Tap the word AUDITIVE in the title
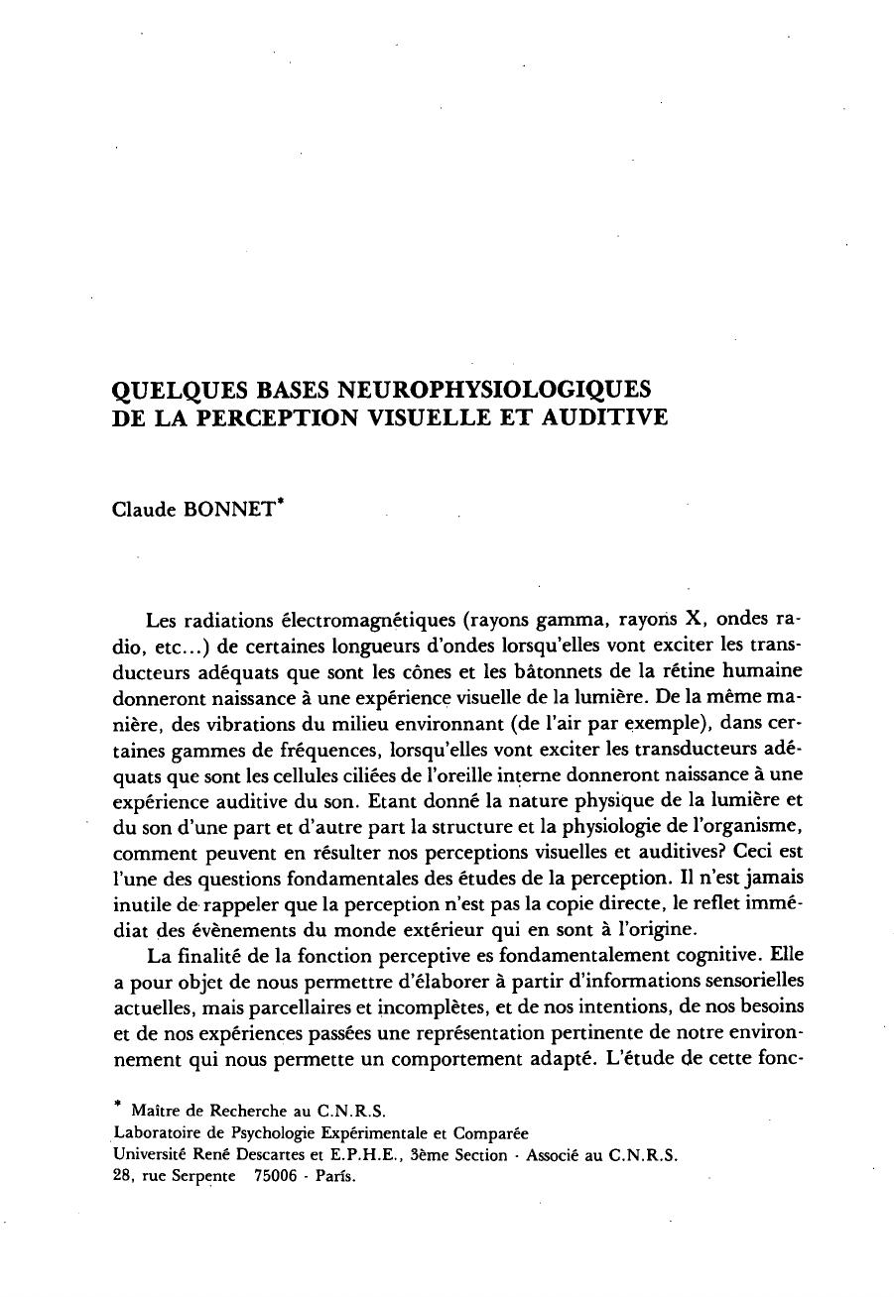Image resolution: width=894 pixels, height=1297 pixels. point(606,417)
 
